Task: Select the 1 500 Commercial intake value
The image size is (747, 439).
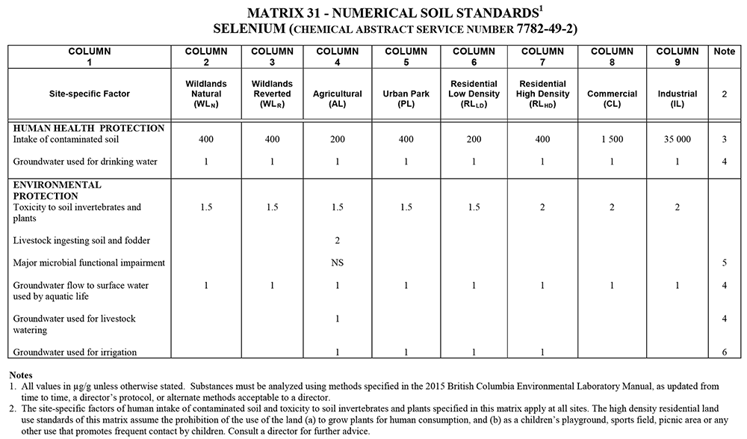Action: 612,140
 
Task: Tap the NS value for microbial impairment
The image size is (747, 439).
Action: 338,263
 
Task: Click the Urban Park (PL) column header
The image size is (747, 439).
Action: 406,94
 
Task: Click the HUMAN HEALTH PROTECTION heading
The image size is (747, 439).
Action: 88,129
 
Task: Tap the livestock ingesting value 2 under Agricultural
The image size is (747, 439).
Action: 338,240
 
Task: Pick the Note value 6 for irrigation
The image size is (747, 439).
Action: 724,352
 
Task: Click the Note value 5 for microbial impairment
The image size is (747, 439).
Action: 724,263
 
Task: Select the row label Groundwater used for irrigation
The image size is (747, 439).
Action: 75,352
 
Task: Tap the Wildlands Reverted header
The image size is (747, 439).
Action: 272,94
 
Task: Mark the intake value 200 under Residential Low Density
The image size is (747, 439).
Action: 473,140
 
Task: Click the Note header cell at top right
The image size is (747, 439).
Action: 724,52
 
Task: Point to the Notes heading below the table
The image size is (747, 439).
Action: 22,374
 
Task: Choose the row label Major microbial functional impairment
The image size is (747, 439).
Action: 88,263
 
